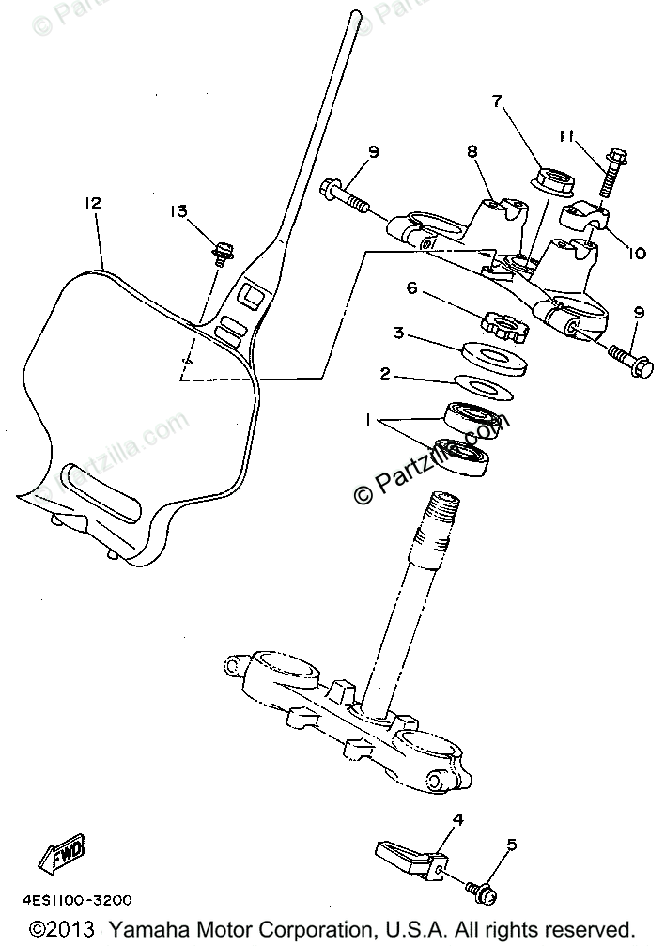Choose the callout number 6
(x=410, y=289)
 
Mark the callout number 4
(x=458, y=819)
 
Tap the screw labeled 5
(x=482, y=889)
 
